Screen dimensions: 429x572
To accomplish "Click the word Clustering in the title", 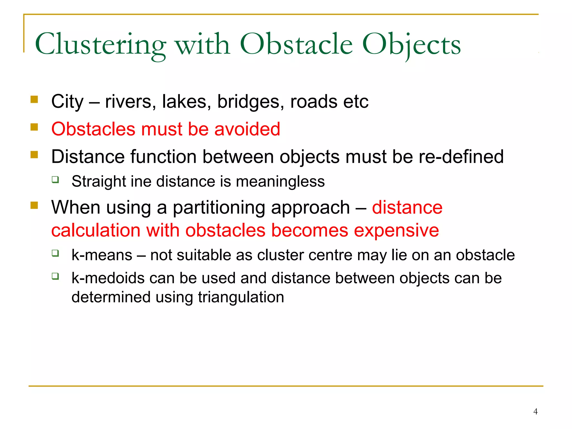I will point(101,45).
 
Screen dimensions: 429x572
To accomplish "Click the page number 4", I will point(535,411).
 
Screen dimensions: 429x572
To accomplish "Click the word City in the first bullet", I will point(67,102).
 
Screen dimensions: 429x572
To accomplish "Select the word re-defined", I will point(461,156).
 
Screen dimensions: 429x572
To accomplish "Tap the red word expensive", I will point(396,230).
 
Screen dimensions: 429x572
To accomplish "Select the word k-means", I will point(102,255).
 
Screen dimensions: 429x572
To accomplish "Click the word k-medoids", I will point(108,278).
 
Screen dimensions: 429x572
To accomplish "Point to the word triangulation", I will point(241,297).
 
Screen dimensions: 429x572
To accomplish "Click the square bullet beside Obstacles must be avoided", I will point(34,127).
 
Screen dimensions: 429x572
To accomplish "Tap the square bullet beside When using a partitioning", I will point(34,206).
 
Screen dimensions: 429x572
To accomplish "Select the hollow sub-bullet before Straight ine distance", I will point(55,180).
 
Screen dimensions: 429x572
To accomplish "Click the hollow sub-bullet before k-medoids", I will point(55,276).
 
